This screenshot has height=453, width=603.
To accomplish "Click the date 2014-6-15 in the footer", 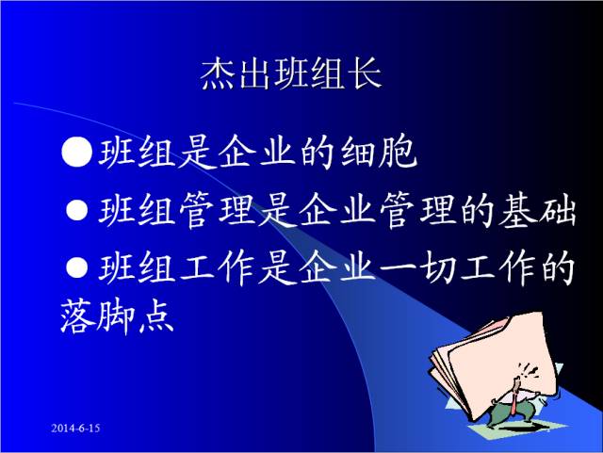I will (x=75, y=429).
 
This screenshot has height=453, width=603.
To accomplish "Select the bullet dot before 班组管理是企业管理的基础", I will (x=78, y=209).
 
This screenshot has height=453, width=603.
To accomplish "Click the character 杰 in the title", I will (x=218, y=75).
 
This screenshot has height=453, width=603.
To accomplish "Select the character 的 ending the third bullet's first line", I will (x=557, y=271).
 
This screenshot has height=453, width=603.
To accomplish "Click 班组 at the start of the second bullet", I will (x=131, y=210).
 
